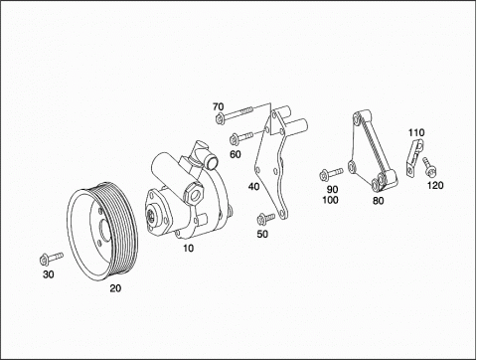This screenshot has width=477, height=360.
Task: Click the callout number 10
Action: tap(189, 248)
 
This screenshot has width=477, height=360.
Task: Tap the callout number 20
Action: tap(115, 288)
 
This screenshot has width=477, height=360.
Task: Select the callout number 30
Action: tap(49, 274)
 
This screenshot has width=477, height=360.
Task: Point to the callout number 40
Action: tap(254, 187)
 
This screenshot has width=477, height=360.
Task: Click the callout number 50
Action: tap(262, 234)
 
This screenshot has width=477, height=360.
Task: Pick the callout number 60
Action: tap(236, 154)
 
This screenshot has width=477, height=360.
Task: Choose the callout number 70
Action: tap(219, 106)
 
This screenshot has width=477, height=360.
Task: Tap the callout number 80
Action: tap(379, 201)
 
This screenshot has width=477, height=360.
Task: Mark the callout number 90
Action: tap(332, 189)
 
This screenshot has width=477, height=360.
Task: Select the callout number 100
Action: tap(330, 200)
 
